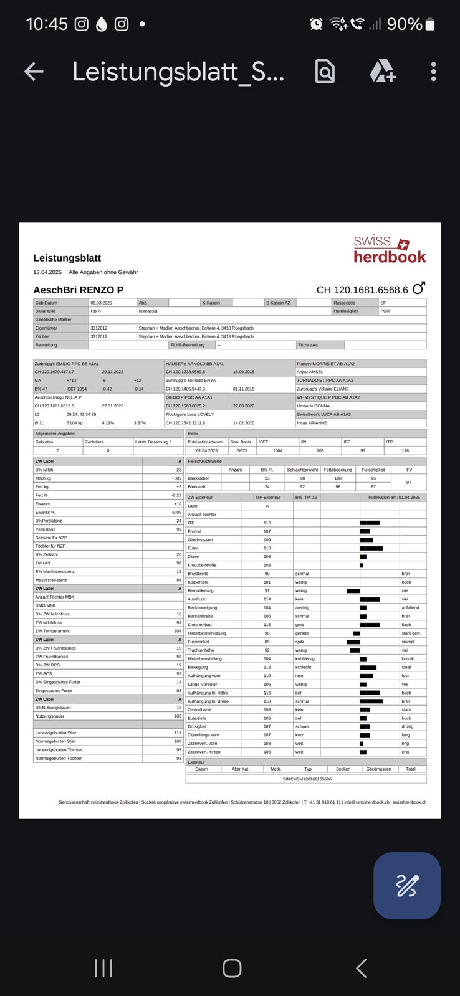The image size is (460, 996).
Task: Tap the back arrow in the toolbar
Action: (x=34, y=72)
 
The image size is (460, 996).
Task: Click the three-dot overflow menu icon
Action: (x=433, y=72)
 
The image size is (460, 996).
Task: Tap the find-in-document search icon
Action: (x=325, y=72)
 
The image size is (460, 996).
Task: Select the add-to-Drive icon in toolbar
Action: (x=382, y=72)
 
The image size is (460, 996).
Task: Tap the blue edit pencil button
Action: (x=406, y=885)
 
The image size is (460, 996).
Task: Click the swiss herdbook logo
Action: (x=390, y=249)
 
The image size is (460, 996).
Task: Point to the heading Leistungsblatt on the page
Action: (x=67, y=258)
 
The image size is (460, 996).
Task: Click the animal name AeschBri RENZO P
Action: (x=78, y=290)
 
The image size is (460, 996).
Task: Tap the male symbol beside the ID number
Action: (x=418, y=288)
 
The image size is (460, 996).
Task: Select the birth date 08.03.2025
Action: (x=101, y=303)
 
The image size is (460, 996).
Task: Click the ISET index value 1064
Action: (x=277, y=450)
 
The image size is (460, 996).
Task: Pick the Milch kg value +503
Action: (x=176, y=478)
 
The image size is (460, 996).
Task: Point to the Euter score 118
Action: (x=267, y=548)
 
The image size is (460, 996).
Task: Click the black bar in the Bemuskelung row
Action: (x=353, y=590)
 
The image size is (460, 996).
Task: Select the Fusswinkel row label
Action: (x=198, y=642)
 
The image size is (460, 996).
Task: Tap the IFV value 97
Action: (x=408, y=482)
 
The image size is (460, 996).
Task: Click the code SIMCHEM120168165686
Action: (x=307, y=779)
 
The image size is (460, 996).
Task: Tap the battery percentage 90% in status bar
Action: (x=405, y=24)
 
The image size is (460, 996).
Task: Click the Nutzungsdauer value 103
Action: (x=178, y=716)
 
